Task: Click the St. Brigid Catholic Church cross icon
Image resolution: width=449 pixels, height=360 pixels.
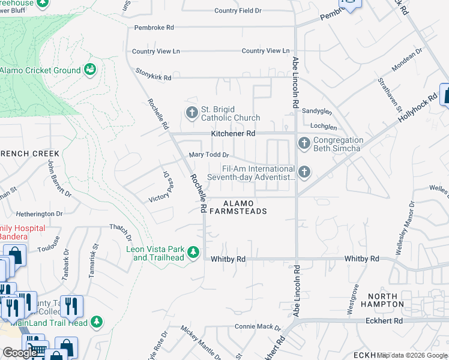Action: pyautogui.click(x=191, y=112)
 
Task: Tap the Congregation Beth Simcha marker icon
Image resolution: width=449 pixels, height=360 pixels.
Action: pyautogui.click(x=304, y=143)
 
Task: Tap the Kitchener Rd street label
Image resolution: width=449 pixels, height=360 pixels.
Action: pyautogui.click(x=233, y=133)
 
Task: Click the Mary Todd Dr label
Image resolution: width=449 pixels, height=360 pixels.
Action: pyautogui.click(x=209, y=155)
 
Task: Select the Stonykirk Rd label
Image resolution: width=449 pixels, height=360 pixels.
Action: pyautogui.click(x=153, y=77)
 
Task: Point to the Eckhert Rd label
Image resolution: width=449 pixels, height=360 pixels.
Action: pyautogui.click(x=384, y=321)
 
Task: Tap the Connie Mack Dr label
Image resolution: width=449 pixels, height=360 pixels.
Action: pyautogui.click(x=258, y=328)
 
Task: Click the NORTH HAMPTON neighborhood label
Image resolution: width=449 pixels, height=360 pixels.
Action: pyautogui.click(x=386, y=300)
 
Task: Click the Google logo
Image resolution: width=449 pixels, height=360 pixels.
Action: pyautogui.click(x=20, y=353)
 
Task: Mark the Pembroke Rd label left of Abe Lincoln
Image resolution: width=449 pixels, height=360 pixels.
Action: pyautogui.click(x=154, y=28)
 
